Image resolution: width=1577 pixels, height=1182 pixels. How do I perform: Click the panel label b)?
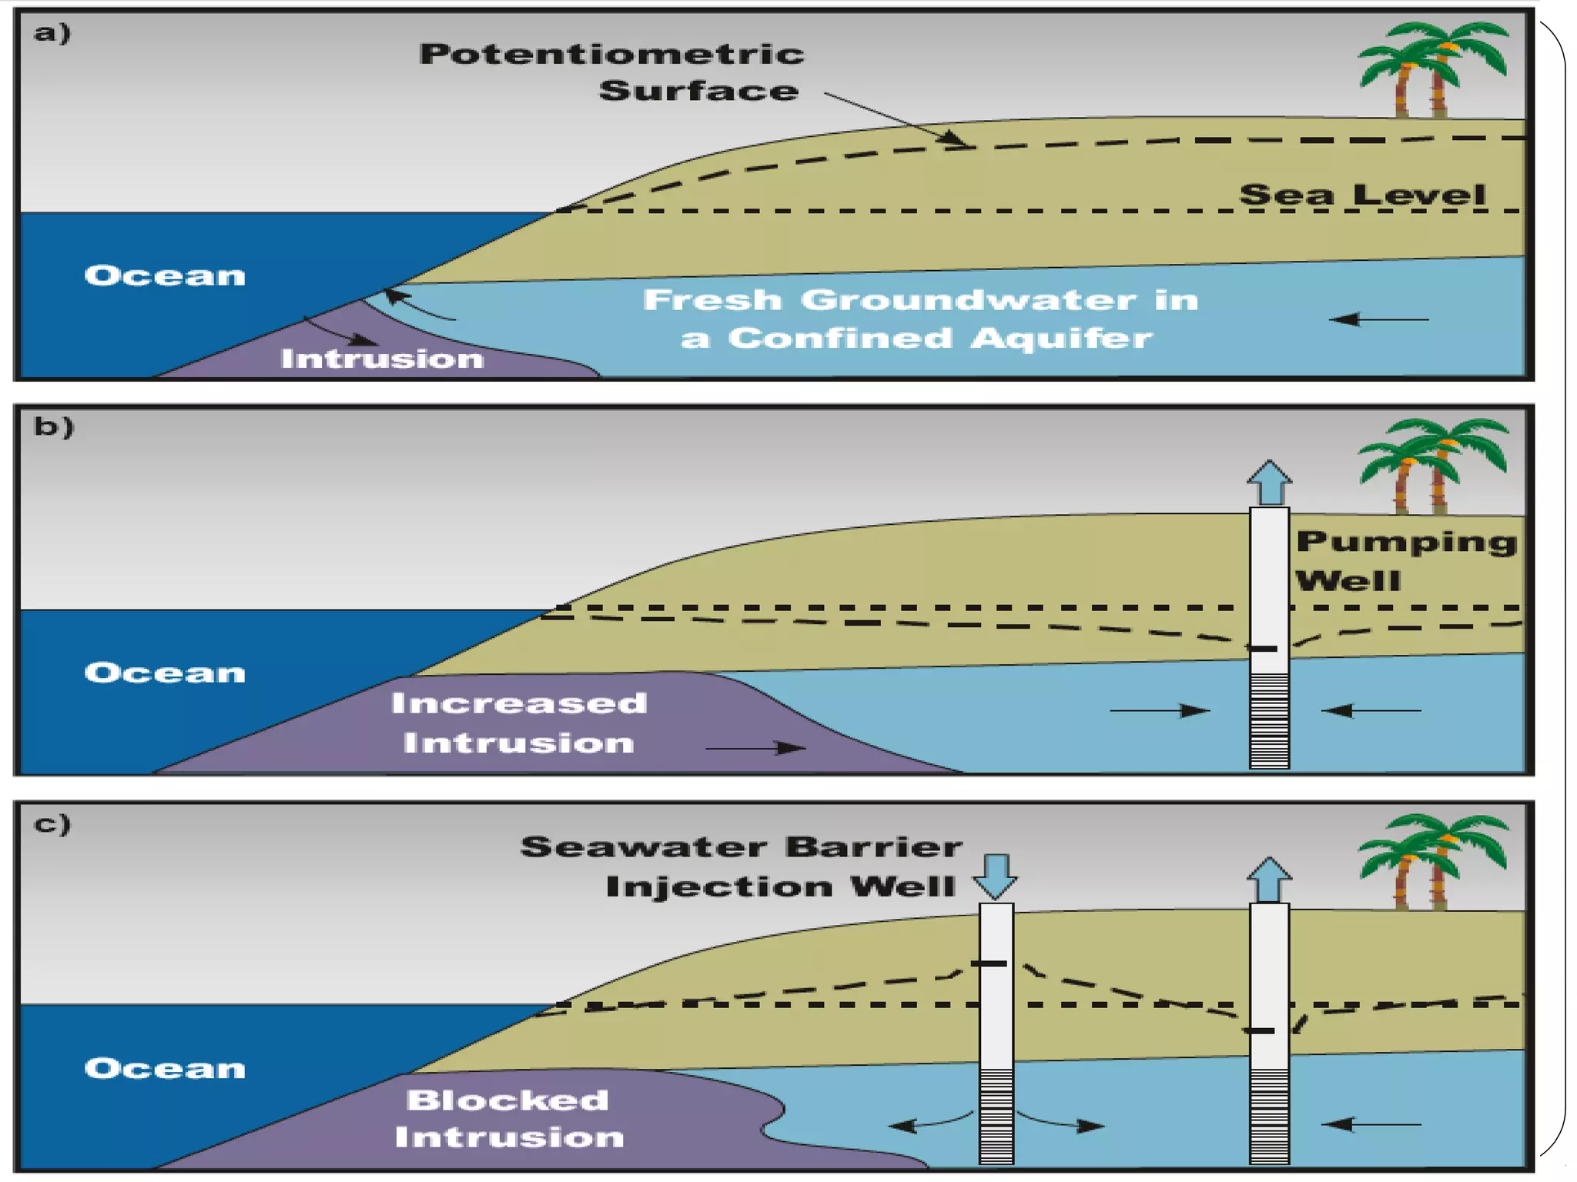[x=54, y=426]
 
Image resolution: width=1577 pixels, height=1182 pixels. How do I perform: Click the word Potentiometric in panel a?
[x=611, y=54]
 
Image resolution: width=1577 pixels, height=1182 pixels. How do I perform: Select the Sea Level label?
[x=1362, y=195]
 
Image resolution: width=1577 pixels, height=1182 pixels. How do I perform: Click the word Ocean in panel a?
[x=165, y=275]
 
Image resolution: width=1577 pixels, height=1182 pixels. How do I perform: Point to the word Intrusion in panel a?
[x=382, y=359]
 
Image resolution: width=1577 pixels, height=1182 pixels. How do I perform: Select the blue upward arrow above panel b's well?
[x=1269, y=482]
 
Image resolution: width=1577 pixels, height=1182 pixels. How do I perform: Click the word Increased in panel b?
[x=519, y=703]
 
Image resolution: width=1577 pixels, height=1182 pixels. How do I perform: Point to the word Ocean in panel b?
[x=165, y=673]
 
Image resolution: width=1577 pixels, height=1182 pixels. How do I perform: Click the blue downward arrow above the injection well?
[x=996, y=876]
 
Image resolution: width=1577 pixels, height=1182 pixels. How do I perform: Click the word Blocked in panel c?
[x=508, y=1100]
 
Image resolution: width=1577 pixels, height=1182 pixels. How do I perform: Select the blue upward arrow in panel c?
[x=1269, y=879]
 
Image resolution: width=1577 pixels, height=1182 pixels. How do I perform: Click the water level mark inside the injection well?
[x=989, y=963]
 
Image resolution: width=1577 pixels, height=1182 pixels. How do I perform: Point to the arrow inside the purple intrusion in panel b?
[x=755, y=747]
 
